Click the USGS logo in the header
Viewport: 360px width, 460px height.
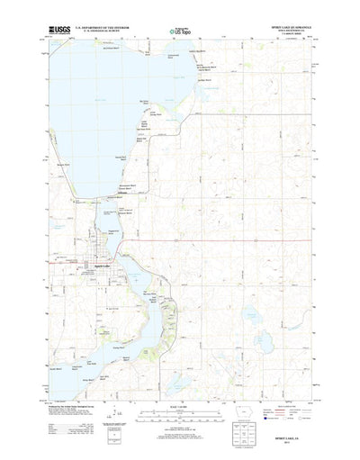[x=59, y=31]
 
